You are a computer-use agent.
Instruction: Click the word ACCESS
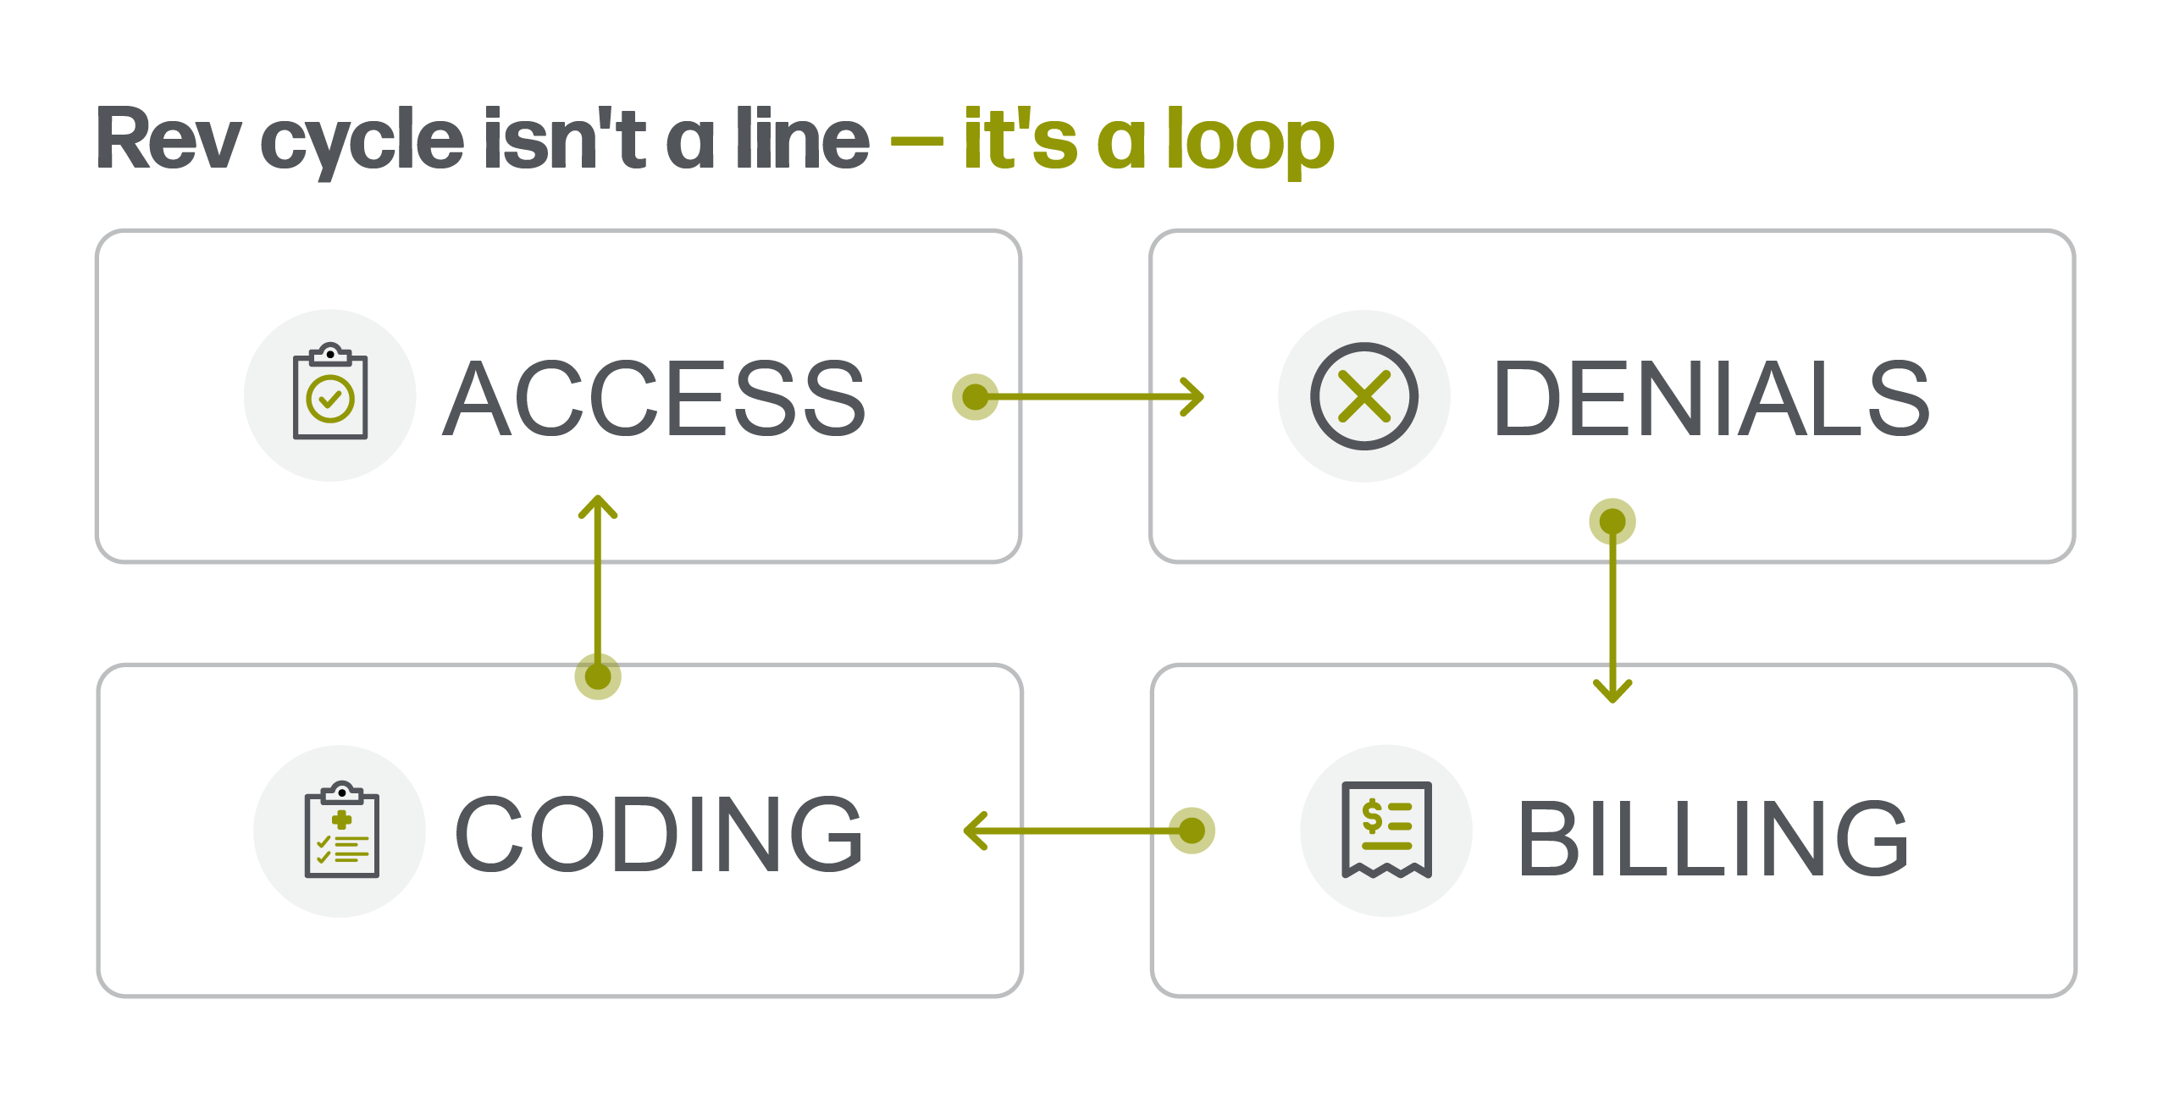[x=654, y=397]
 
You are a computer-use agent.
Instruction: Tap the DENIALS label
[x=1711, y=397]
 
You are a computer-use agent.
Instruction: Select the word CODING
[x=658, y=833]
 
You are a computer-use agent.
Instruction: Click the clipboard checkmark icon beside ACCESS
[x=330, y=391]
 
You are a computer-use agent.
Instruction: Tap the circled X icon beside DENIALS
[x=1364, y=396]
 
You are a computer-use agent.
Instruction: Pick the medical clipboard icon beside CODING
[x=341, y=830]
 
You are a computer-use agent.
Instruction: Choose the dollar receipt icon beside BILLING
[x=1386, y=830]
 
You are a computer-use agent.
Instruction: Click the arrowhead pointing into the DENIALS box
[x=1192, y=396]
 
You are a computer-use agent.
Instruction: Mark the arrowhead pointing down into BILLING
[x=1612, y=692]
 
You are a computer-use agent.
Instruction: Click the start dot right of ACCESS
[x=976, y=396]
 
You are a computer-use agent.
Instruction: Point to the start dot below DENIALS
[x=1612, y=522]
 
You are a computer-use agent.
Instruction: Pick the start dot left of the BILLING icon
[x=1192, y=831]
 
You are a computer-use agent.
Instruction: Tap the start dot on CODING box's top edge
[x=598, y=676]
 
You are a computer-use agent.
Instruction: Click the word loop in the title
[x=1250, y=140]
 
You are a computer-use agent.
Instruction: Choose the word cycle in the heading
[x=362, y=142]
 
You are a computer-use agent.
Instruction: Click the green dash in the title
[x=917, y=142]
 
